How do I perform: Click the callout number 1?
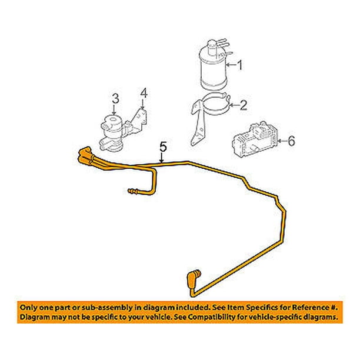click(239, 65)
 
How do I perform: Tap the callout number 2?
click(243, 105)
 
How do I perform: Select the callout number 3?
click(115, 99)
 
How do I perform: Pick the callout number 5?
click(163, 147)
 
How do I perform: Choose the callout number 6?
click(291, 141)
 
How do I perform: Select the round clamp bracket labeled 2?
click(210, 118)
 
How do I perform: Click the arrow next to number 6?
click(283, 141)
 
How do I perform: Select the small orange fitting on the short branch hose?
click(133, 191)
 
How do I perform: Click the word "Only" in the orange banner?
click(28, 308)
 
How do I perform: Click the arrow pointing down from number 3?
click(115, 109)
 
